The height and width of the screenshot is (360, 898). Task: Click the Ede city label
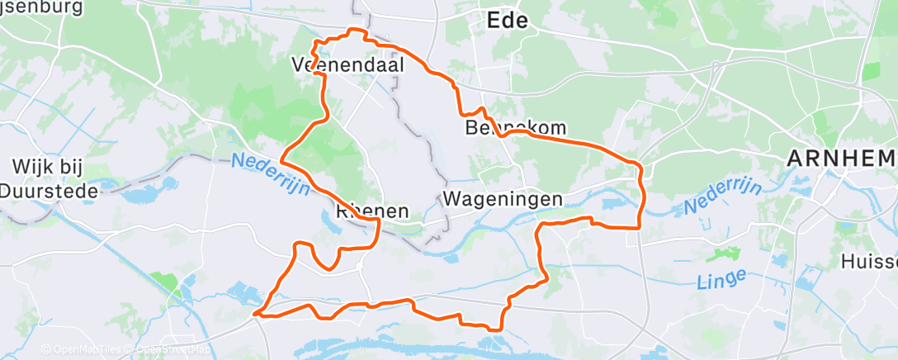(x=507, y=21)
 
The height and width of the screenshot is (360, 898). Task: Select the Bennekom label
(x=516, y=128)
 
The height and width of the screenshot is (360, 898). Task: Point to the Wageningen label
(x=503, y=199)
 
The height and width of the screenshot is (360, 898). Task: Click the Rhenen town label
(x=373, y=211)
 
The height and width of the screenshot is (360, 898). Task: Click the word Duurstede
(x=49, y=191)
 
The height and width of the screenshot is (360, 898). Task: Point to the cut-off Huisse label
(x=868, y=262)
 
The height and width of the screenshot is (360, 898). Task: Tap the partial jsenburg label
(x=41, y=7)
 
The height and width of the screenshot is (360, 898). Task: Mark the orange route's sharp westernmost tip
(x=256, y=313)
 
